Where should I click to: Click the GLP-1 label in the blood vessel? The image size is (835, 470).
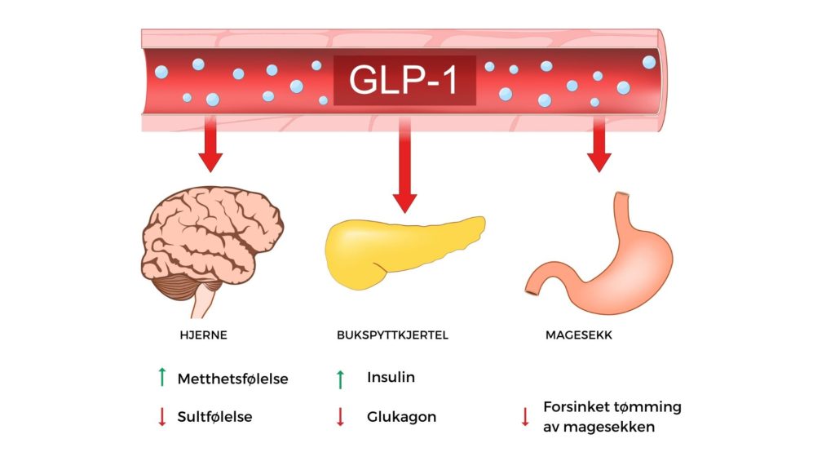coord(404,79)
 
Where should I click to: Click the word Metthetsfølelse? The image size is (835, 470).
coord(232,379)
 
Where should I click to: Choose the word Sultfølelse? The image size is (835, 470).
coord(214,416)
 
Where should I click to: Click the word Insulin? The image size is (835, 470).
coord(391,378)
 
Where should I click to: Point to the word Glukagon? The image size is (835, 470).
coord(401,416)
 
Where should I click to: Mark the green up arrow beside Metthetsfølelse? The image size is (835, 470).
coord(162,378)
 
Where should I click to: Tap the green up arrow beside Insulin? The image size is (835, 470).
coord(341,379)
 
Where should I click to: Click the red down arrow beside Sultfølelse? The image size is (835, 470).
coord(162,416)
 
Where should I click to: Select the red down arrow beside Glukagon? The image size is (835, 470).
coord(341,416)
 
